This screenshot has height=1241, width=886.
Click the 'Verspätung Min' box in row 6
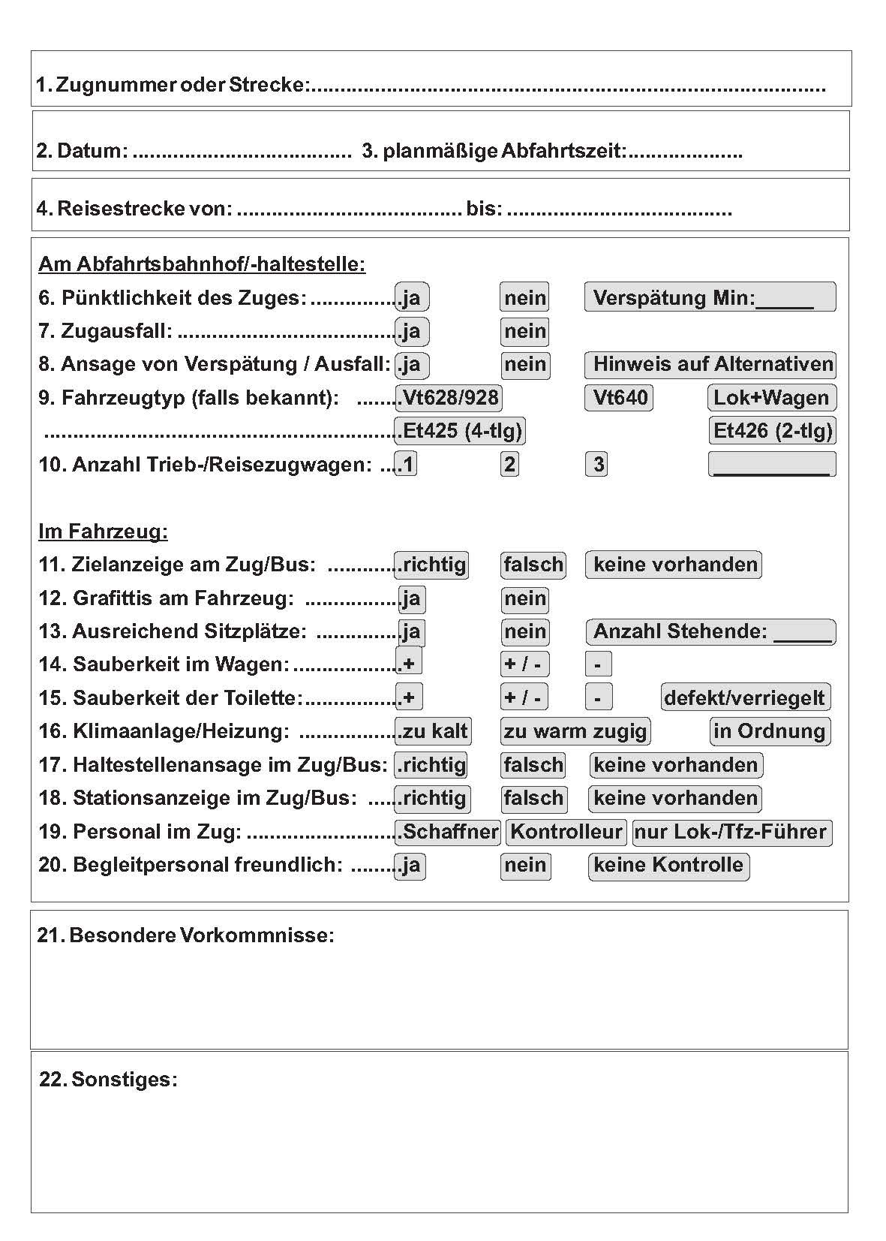point(710,297)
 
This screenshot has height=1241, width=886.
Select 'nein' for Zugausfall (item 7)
point(524,331)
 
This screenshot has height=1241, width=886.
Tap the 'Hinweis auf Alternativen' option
point(710,365)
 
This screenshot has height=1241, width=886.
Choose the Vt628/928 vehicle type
point(449,398)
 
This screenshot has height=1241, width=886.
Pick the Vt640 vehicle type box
point(619,398)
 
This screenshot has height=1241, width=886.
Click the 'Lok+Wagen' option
point(771,398)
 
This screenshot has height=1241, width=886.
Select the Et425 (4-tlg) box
point(460,431)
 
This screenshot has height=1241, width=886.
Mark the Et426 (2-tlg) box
point(772,431)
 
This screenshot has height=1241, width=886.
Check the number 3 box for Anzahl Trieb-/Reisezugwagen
point(597,465)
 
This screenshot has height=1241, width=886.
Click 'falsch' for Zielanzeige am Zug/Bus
point(533,565)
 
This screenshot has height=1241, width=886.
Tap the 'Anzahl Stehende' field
point(710,631)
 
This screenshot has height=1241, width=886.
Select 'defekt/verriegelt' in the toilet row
point(745,697)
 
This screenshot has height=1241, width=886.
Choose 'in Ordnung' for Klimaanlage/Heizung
point(769,731)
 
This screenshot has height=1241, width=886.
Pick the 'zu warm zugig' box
point(575,731)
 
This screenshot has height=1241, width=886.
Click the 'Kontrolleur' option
point(566,832)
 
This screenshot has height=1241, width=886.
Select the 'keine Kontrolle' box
point(668,866)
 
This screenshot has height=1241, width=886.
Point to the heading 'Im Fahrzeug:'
point(103,532)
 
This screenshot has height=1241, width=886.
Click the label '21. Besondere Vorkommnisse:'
point(186,935)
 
